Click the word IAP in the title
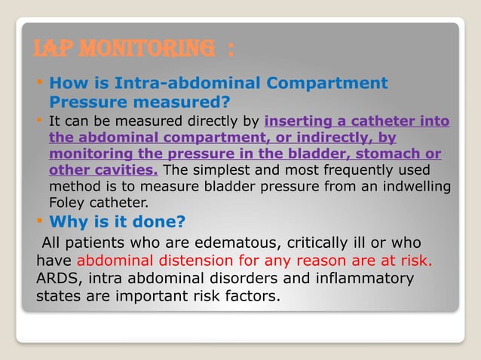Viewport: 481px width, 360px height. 51,51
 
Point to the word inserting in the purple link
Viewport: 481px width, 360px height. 295,122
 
